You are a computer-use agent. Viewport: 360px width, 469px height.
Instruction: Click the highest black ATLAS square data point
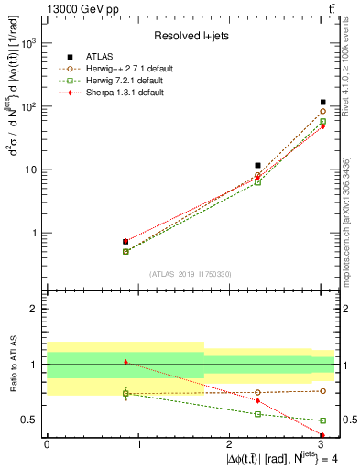pos(322,103)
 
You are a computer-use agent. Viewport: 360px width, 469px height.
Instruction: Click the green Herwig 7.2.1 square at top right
pos(322,121)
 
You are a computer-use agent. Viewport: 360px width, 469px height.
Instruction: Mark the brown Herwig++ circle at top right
pos(322,111)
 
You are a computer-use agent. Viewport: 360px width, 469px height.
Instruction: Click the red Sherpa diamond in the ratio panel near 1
pos(125,363)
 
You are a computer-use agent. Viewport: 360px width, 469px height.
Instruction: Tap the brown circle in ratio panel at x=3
pos(322,391)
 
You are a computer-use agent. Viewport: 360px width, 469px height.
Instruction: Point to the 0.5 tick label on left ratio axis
pos(28,420)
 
